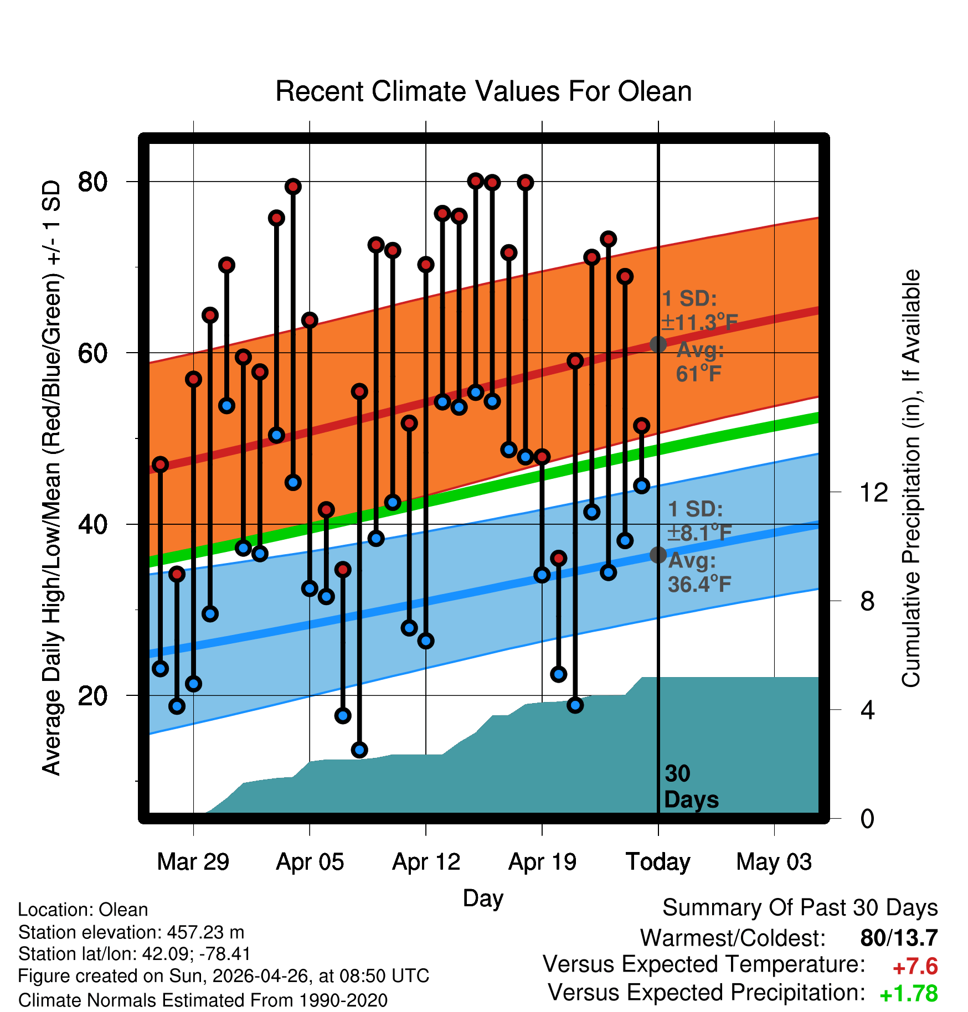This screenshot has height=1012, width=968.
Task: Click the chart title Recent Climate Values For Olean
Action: pos(483,91)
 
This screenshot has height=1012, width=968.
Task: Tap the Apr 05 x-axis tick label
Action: pos(310,862)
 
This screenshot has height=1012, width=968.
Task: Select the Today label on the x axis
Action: pos(658,862)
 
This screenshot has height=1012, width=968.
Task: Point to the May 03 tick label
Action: pos(774,862)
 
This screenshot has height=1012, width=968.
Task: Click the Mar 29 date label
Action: pos(193,862)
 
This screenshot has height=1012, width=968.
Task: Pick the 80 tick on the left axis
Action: pos(92,182)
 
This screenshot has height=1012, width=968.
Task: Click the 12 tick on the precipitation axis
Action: pos(874,492)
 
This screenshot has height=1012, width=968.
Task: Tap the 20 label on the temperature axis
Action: pos(92,696)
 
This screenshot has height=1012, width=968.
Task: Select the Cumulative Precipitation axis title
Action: pos(912,478)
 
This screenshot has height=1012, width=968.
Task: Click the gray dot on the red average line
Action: pos(658,344)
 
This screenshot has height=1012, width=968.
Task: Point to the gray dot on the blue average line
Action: pos(658,555)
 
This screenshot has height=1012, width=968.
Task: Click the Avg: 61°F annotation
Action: pos(700,362)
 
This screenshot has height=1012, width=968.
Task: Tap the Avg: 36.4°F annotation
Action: pos(700,572)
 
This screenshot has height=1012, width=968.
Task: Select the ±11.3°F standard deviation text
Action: pos(700,322)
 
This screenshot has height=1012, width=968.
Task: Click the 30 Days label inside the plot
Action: pos(691,787)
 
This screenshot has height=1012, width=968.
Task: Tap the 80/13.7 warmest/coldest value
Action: pos(899,938)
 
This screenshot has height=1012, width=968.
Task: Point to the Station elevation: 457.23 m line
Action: pos(131,932)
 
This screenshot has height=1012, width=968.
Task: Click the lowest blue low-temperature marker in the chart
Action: pos(359,750)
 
